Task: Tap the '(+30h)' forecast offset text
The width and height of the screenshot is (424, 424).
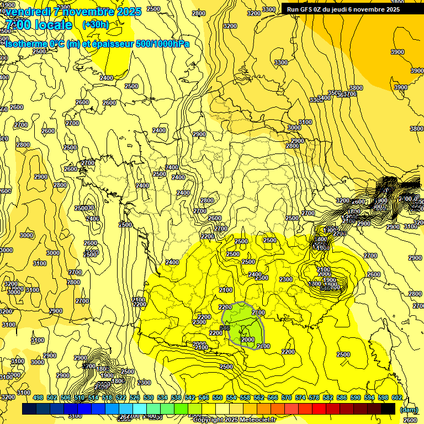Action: click(96, 24)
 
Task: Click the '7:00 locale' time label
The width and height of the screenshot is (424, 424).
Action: click(39, 25)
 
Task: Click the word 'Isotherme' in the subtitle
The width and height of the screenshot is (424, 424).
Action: click(25, 44)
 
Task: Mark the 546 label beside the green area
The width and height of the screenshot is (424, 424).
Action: click(225, 328)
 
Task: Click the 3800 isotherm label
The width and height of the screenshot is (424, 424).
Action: click(356, 88)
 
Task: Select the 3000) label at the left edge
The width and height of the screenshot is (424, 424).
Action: click(27, 235)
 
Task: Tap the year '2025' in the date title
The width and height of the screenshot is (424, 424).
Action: click(129, 12)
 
